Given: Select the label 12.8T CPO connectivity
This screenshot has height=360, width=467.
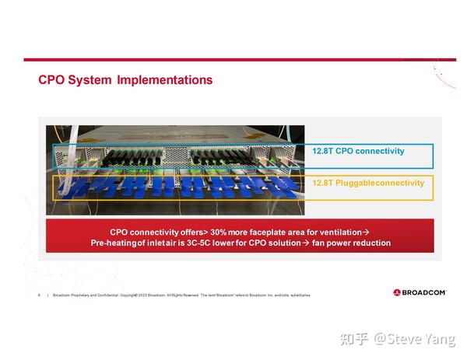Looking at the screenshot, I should tap(358, 151).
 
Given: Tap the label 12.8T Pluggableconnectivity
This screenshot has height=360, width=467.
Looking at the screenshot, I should tap(368, 183).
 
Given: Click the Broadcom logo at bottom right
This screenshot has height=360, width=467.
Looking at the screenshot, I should tap(419, 293).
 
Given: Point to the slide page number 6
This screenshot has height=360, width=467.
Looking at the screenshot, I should tap(39, 295).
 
